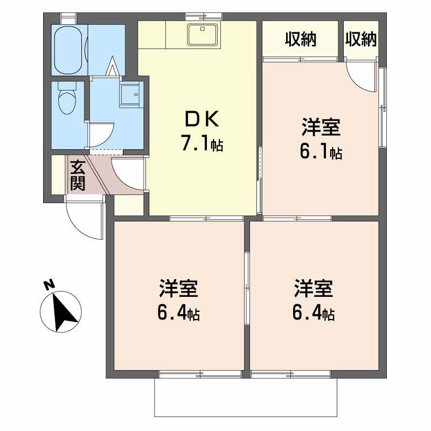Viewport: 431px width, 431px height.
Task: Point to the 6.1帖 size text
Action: pyautogui.click(x=321, y=152)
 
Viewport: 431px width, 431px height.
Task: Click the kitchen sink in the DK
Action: pyautogui.click(x=203, y=35)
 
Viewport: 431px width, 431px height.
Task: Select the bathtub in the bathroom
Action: pyautogui.click(x=68, y=50)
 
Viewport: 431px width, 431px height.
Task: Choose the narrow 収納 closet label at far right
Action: pyautogui.click(x=361, y=39)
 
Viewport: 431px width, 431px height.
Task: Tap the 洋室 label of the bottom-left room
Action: pyautogui.click(x=178, y=289)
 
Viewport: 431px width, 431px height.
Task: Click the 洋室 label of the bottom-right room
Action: pyautogui.click(x=314, y=289)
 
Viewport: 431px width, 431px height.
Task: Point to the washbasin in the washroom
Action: pyautogui.click(x=130, y=95)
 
